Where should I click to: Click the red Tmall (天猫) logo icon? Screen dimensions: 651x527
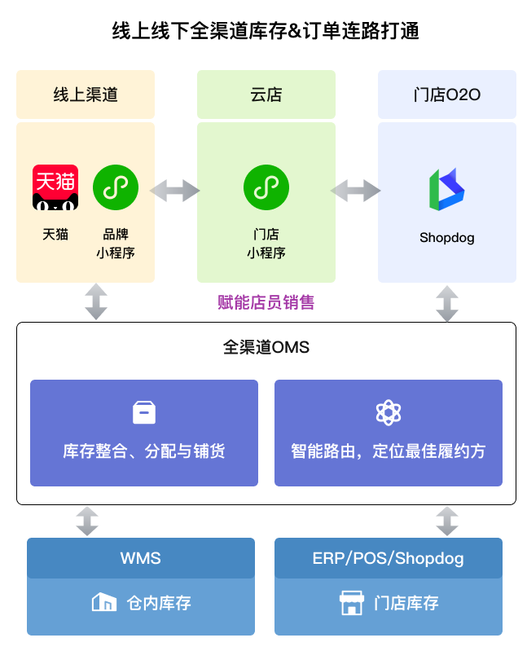point(55,187)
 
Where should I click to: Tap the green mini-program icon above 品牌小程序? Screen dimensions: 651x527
point(116,187)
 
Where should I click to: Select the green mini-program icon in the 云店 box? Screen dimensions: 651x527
point(266,187)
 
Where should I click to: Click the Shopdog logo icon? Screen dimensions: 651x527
point(446,190)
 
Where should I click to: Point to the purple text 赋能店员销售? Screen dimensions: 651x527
point(266,302)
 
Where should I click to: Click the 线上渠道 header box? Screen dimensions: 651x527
point(86,95)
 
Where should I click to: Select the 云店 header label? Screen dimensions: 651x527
point(266,95)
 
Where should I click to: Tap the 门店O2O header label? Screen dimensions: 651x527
point(446,95)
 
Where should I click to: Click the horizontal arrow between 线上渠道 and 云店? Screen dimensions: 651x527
point(175,191)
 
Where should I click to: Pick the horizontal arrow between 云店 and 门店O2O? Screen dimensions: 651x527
point(356,191)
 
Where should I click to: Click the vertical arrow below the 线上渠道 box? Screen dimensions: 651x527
point(96,301)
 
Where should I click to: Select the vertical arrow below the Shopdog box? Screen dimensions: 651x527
point(446,303)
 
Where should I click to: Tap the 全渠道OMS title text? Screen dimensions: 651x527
point(266,348)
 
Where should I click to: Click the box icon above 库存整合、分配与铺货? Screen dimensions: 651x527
point(144,412)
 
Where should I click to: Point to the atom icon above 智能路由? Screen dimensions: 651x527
point(389,412)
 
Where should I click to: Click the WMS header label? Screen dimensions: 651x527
point(141,559)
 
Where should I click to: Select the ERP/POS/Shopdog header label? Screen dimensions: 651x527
point(389,559)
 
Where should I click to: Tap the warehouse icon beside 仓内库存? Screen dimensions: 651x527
point(103,603)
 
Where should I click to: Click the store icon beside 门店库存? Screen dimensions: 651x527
point(351,603)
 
